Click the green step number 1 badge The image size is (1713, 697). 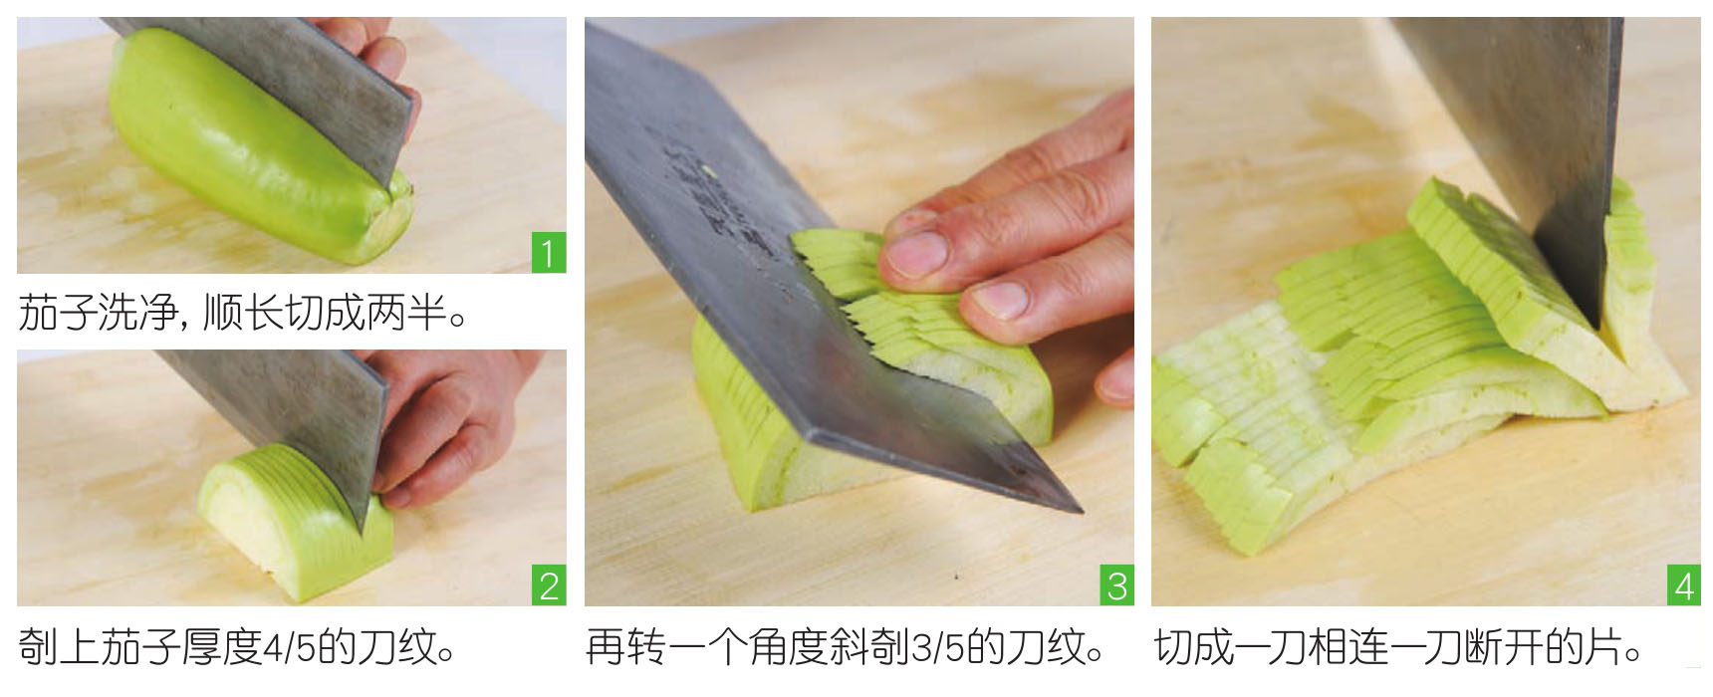(x=549, y=253)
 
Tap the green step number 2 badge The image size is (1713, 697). (x=549, y=585)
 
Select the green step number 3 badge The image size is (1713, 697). (x=1116, y=585)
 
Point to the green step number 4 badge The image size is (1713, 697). (x=1684, y=585)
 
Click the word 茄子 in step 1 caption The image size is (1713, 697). (x=58, y=315)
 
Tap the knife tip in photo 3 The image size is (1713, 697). (x=1080, y=509)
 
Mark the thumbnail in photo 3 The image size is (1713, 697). (x=999, y=299)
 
